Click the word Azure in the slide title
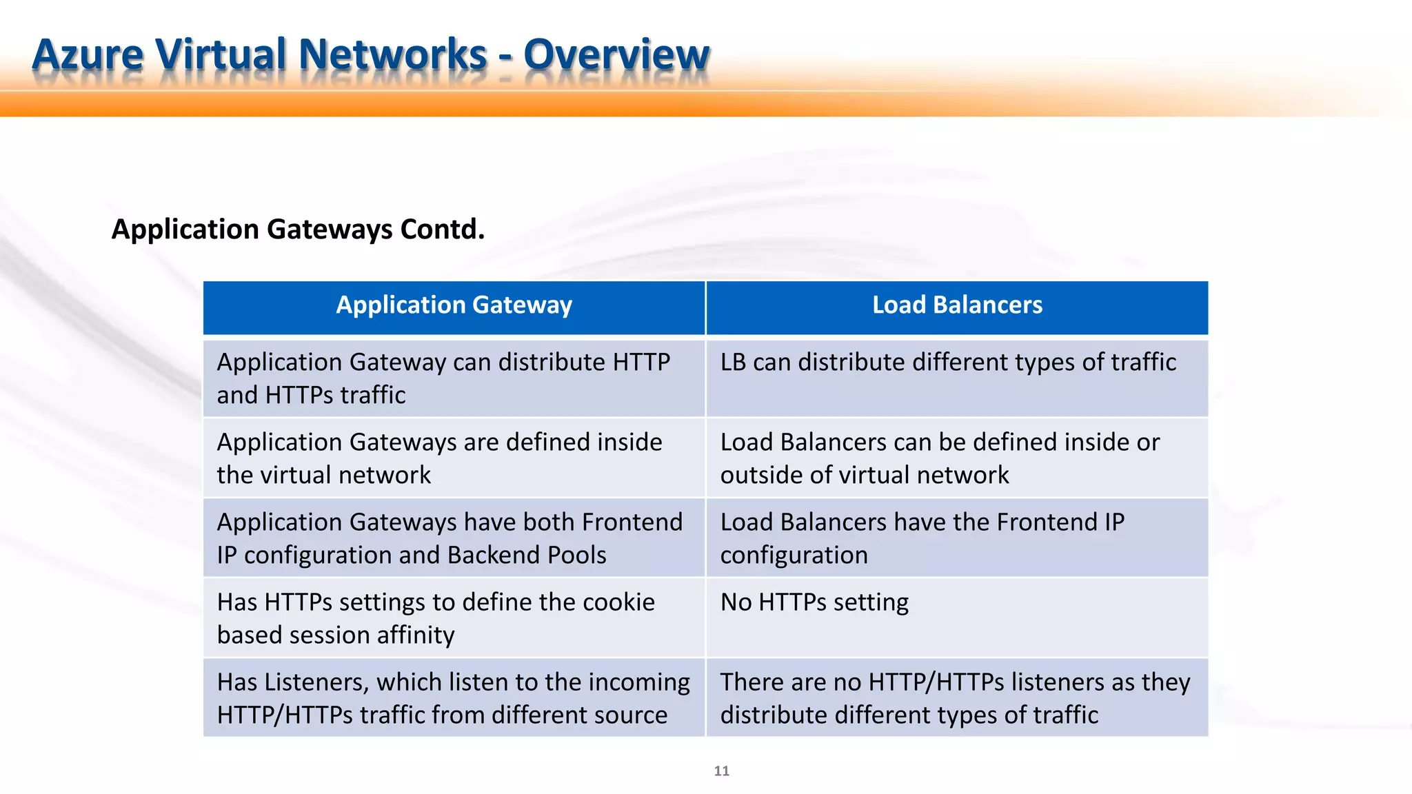(88, 54)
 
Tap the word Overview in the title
(616, 54)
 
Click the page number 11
(721, 771)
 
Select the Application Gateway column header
(454, 305)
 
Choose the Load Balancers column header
(957, 305)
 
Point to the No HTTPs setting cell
(814, 602)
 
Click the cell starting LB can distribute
(948, 363)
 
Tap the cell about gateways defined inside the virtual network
(439, 458)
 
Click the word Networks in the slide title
(393, 54)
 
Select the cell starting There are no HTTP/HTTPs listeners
(955, 698)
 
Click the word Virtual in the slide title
(221, 54)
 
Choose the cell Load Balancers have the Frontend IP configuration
(922, 538)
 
